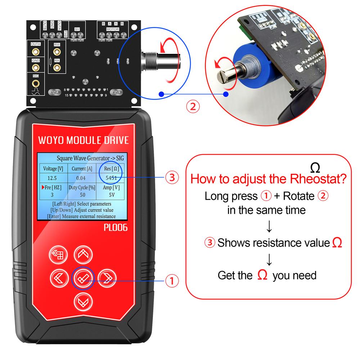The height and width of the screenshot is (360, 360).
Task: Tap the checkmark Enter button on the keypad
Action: [83, 278]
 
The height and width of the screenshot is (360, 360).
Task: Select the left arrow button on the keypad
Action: [59, 278]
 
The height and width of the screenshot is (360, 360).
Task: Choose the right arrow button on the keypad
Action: [107, 278]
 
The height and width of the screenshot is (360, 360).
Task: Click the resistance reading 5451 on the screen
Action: [111, 178]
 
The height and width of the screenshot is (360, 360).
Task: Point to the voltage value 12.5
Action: [52, 178]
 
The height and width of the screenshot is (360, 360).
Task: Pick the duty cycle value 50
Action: [82, 195]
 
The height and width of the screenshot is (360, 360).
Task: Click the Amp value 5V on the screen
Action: [111, 195]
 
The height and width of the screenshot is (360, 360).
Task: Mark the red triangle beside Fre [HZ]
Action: [42, 187]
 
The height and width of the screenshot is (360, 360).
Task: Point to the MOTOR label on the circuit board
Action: [113, 29]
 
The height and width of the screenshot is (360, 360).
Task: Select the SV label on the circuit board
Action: [77, 29]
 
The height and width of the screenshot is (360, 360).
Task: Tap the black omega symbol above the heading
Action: [315, 167]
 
